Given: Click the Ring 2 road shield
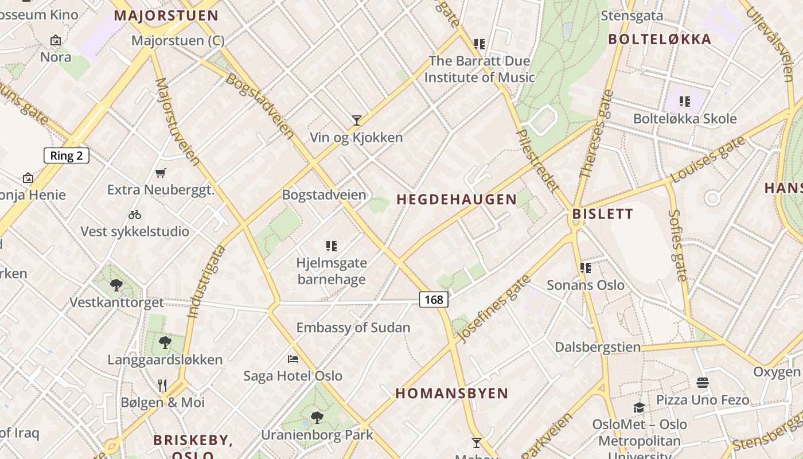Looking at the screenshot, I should [67, 155].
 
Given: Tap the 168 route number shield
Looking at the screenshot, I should [434, 299].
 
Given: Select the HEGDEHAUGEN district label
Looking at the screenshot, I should [457, 200].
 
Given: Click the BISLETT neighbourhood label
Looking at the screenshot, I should [602, 215].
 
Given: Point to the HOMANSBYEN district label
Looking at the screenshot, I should [451, 394].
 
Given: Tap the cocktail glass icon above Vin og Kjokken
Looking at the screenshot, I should [357, 120].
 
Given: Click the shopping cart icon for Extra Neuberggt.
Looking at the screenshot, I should [161, 173].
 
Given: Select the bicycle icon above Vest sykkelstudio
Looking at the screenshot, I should [135, 215].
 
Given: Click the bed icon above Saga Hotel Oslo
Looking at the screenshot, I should [293, 359].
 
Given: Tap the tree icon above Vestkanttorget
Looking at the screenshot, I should [116, 285].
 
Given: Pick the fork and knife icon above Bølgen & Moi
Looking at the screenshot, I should [162, 385].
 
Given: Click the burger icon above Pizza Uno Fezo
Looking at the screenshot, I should [703, 383].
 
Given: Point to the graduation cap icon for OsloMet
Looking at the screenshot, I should [639, 407].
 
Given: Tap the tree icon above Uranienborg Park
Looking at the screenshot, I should [317, 417].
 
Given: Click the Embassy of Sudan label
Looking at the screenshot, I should [353, 328].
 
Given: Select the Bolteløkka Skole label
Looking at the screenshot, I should [685, 119].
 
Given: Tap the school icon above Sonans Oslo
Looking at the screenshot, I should [586, 267].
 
